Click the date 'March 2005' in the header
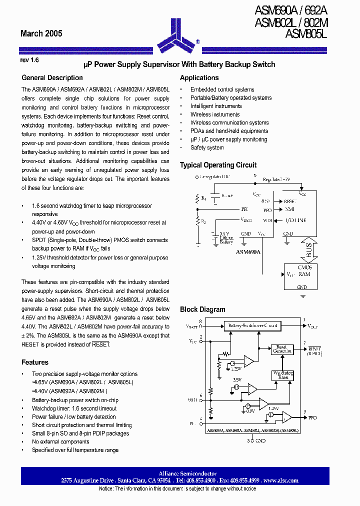(x=41, y=33)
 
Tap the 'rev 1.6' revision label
(x=29, y=59)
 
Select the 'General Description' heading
(x=52, y=78)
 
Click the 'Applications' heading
(x=199, y=78)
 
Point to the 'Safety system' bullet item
(x=207, y=148)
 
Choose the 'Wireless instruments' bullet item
(x=215, y=114)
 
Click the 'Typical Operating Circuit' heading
(x=218, y=165)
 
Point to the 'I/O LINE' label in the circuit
(x=295, y=220)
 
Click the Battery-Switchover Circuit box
(x=252, y=325)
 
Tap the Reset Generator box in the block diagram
(x=281, y=349)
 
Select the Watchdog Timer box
(x=282, y=375)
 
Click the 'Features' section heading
(x=35, y=362)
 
